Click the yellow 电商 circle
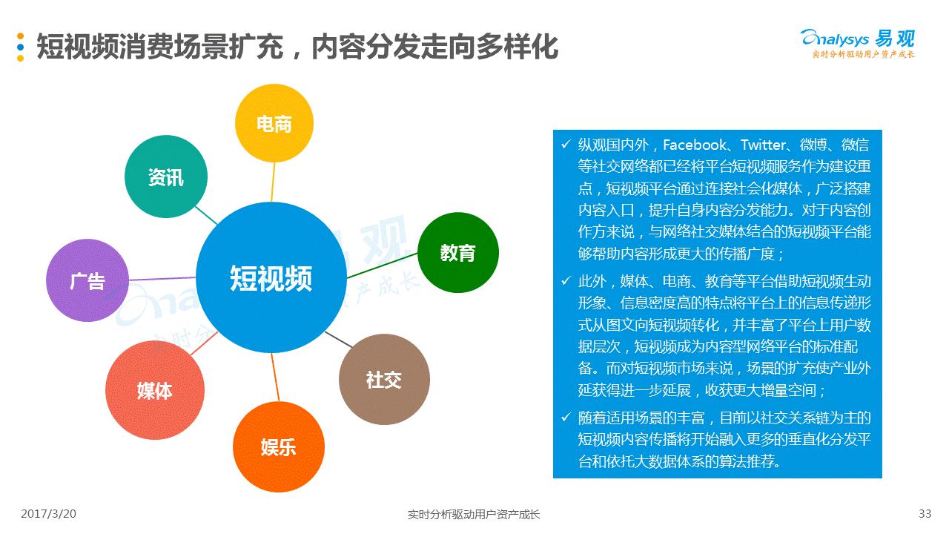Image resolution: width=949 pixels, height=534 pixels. tap(274, 122)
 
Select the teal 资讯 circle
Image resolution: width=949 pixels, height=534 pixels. tap(165, 177)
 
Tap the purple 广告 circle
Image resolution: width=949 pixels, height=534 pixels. tap(87, 281)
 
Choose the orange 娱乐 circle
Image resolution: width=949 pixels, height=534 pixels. tap(278, 446)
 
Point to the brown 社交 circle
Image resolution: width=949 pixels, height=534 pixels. tap(383, 380)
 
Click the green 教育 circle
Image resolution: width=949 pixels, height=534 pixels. tap(457, 253)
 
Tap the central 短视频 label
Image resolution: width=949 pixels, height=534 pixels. tap(271, 279)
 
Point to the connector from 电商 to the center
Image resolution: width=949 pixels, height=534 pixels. tap(273, 182)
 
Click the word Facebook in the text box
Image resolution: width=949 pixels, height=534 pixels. tap(695, 145)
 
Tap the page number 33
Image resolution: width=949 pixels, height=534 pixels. tap(925, 513)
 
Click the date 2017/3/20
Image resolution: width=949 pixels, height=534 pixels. tap(49, 513)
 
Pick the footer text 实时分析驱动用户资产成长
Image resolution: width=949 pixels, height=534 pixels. tap(474, 514)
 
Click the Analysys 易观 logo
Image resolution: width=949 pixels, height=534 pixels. tap(858, 41)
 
